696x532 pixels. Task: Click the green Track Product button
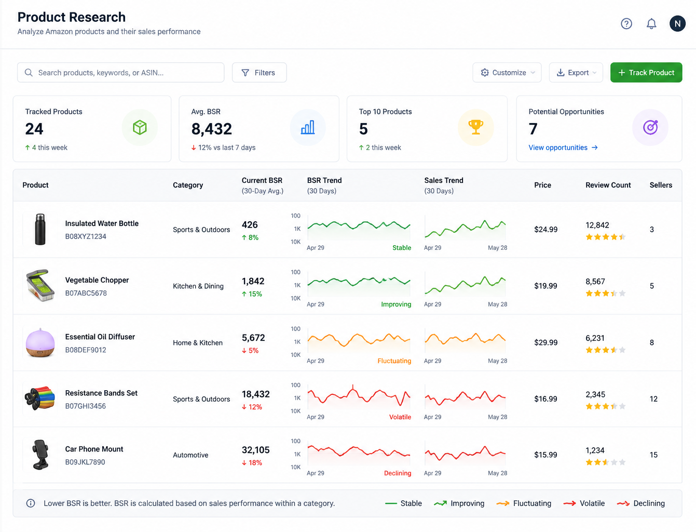[646, 72]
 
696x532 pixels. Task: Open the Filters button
[259, 72]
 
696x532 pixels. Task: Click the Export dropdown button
[576, 72]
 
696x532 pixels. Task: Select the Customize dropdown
[507, 72]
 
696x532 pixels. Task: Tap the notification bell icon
[651, 24]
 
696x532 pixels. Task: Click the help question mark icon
[626, 24]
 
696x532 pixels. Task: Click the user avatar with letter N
[677, 24]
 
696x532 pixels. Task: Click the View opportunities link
[563, 148]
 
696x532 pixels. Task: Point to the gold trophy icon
[475, 127]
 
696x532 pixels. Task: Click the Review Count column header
[608, 185]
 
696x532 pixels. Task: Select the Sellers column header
[661, 185]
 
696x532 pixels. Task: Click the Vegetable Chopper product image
[40, 285]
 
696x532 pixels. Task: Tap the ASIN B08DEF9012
[86, 350]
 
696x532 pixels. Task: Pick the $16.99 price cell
[545, 398]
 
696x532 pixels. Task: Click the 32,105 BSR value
[255, 450]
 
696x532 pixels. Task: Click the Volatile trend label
[400, 417]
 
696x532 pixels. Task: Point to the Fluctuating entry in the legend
[524, 503]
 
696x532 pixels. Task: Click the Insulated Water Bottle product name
[102, 223]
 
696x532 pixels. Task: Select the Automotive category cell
[190, 455]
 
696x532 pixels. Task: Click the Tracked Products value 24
[34, 129]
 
